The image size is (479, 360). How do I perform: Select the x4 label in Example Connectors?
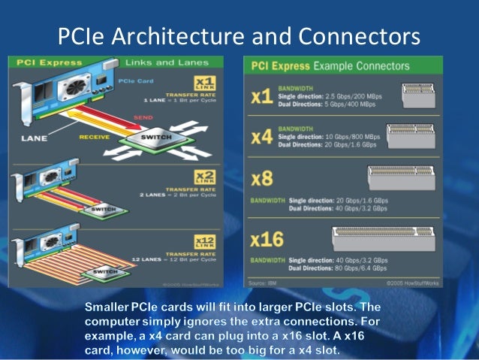pos(262,137)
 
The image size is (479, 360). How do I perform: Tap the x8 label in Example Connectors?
pos(264,180)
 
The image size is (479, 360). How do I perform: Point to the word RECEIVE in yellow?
pos(95,138)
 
